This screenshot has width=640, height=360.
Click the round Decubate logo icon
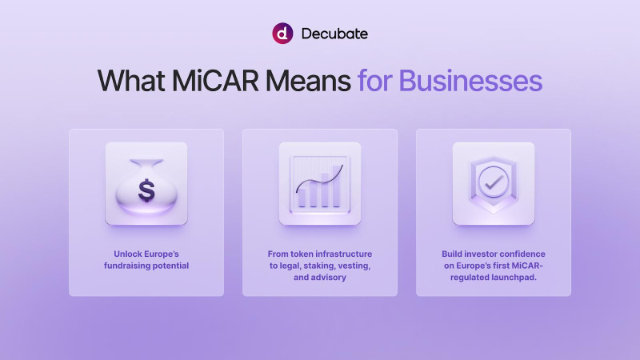(x=282, y=34)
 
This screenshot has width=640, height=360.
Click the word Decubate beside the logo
(x=334, y=34)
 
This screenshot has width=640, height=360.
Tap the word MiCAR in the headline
(x=215, y=81)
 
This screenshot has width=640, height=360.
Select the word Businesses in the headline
(x=470, y=81)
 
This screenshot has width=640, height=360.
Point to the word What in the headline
(x=131, y=81)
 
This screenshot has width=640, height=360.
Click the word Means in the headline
(x=308, y=81)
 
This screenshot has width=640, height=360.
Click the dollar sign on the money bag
(x=146, y=190)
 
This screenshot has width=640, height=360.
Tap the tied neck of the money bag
(x=146, y=163)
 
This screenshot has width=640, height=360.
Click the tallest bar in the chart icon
(x=337, y=186)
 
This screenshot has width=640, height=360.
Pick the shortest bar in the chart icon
(x=302, y=198)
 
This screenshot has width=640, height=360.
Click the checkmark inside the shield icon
(x=494, y=182)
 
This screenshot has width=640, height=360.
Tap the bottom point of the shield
(x=494, y=214)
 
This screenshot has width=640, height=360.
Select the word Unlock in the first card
(x=126, y=254)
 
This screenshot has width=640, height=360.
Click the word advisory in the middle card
(x=329, y=278)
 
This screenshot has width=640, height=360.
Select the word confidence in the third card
(x=522, y=254)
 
